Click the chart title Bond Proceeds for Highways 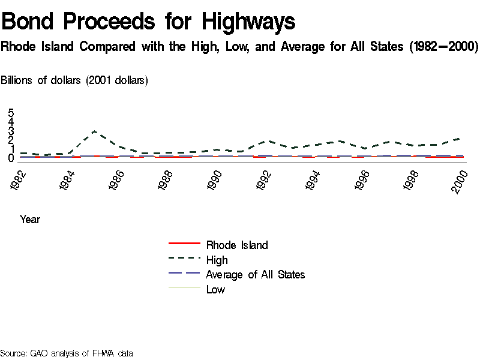[x=148, y=22]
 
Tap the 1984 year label [x=68, y=179]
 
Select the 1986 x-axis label [x=117, y=179]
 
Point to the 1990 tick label [x=215, y=179]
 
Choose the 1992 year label [x=265, y=179]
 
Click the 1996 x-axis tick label [x=363, y=179]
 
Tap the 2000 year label [x=461, y=179]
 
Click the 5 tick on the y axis [x=11, y=113]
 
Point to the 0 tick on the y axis [x=11, y=158]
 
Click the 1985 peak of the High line [x=94, y=131]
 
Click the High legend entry [x=217, y=260]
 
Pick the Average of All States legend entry [x=255, y=274]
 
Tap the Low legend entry [x=215, y=289]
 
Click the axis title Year [x=30, y=219]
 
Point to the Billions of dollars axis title [x=75, y=80]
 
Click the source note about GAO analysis [x=67, y=353]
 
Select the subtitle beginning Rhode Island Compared [x=239, y=47]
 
